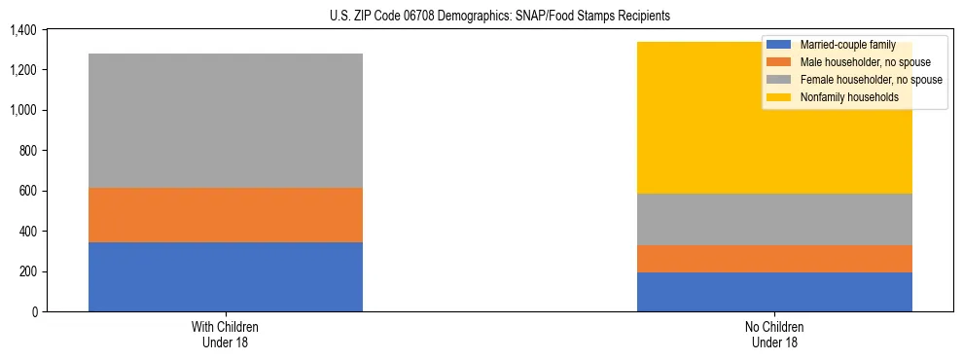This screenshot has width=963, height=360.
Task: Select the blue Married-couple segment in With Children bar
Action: point(225,276)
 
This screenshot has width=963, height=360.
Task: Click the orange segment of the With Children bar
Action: point(225,214)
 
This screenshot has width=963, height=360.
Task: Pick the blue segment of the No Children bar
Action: point(774,292)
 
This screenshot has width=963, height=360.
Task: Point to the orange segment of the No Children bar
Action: point(774,259)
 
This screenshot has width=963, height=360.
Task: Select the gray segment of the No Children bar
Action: point(774,219)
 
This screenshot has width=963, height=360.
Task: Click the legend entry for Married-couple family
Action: point(846,45)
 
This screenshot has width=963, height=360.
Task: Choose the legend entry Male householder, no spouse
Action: point(860,62)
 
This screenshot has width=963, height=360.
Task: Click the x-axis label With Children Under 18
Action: point(225,334)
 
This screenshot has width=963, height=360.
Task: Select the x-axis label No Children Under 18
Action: point(774,334)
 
